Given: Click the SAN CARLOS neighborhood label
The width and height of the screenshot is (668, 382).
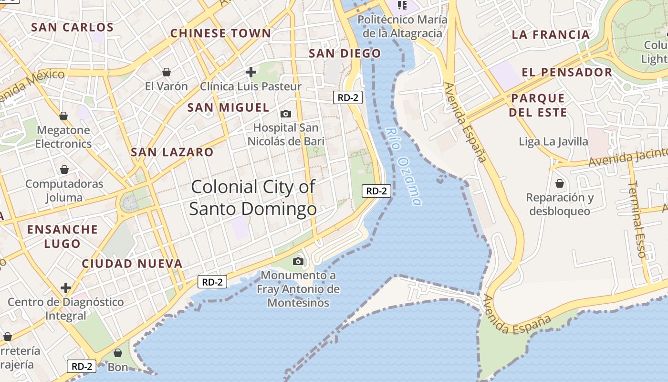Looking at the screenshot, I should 73,27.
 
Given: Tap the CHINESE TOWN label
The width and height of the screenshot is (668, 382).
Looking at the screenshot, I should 220,33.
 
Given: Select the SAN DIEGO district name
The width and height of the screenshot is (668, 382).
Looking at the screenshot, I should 345,53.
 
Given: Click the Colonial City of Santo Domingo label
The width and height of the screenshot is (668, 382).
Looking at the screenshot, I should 253,198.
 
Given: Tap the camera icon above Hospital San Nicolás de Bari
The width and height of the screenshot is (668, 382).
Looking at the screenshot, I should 286,114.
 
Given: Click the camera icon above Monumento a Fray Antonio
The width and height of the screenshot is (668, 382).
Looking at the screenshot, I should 298,261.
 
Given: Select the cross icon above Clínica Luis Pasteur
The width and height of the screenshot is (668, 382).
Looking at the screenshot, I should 251,72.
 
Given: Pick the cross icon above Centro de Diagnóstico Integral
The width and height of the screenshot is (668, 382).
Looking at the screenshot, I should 66,288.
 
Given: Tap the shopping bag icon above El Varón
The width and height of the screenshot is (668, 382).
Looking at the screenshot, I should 167,72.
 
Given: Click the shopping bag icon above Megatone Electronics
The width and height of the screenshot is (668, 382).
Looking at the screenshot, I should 63,116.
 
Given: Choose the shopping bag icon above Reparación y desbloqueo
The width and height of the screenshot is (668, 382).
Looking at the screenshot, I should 560,183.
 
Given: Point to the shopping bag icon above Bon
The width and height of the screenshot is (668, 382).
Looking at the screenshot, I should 118,353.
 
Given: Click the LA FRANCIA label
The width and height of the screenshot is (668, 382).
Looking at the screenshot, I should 551,34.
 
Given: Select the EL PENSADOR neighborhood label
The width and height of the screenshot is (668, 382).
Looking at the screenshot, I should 567,72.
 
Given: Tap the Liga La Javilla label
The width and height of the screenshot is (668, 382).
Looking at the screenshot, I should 553,141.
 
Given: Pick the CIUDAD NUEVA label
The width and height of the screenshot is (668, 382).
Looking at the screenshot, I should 132,264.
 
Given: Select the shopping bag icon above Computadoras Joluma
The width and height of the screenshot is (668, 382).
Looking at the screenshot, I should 64,170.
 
